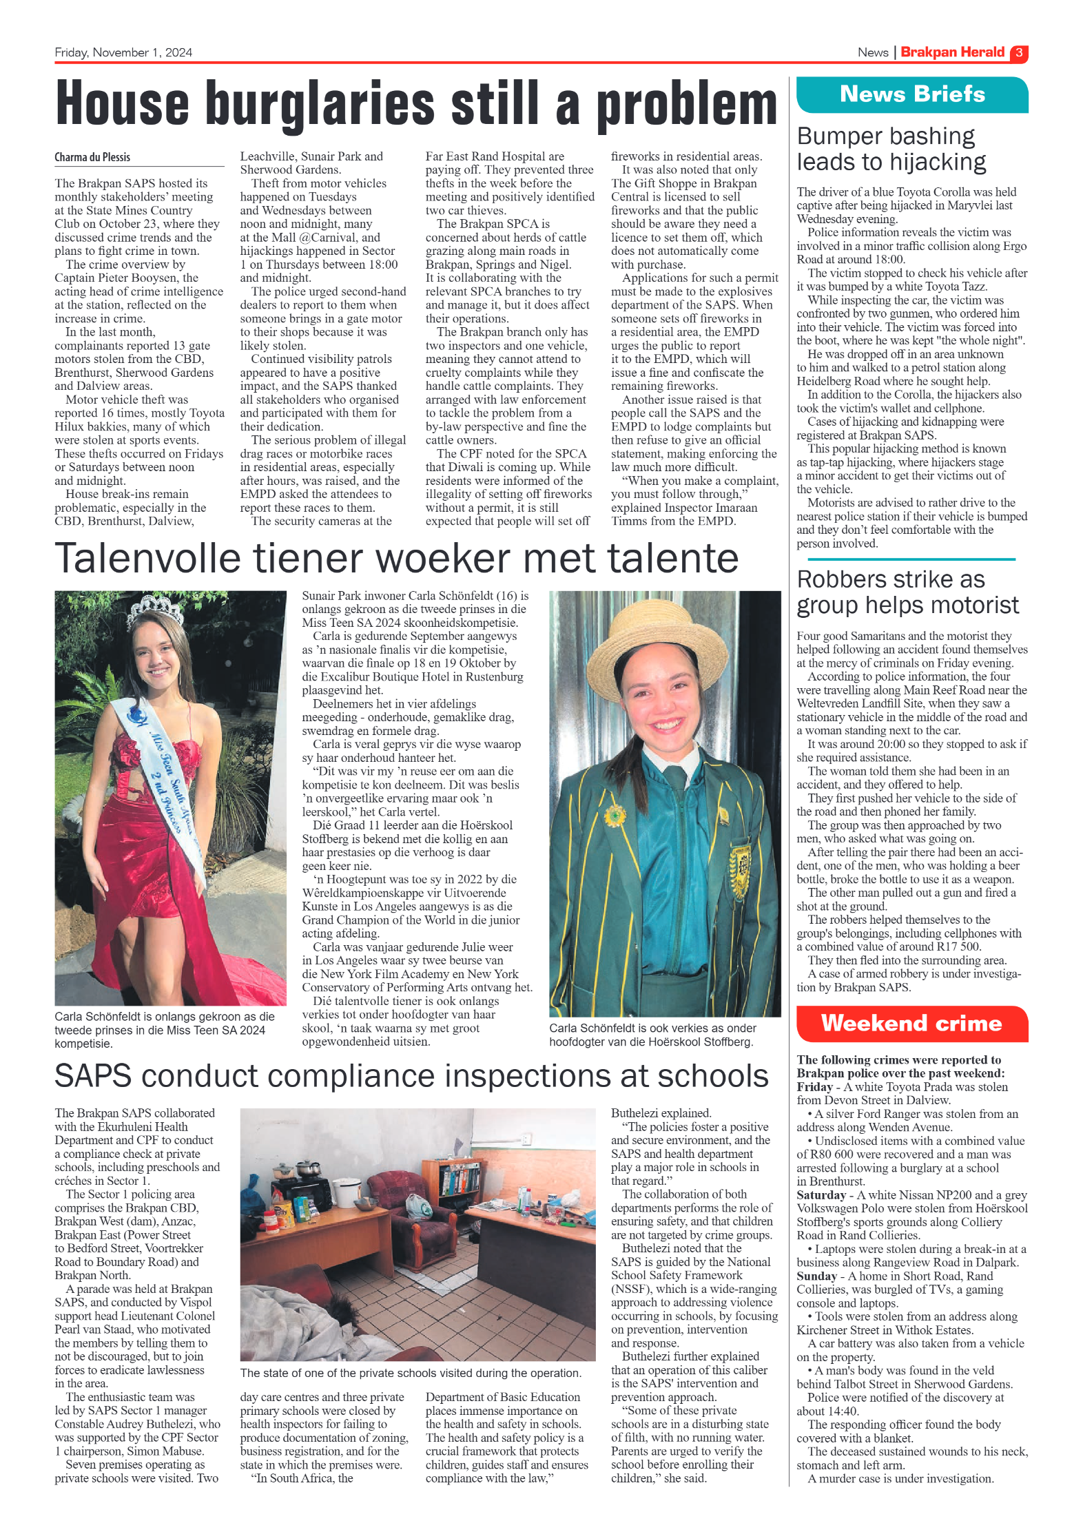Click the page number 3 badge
[1018, 53]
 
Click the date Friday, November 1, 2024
[123, 53]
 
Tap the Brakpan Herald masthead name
[952, 52]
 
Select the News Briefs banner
[911, 94]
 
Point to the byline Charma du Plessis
[92, 157]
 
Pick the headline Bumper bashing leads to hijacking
[891, 149]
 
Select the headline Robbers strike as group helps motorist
[907, 592]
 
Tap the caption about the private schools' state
[411, 1373]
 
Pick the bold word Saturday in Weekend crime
[821, 1195]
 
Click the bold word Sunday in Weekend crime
[816, 1276]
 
